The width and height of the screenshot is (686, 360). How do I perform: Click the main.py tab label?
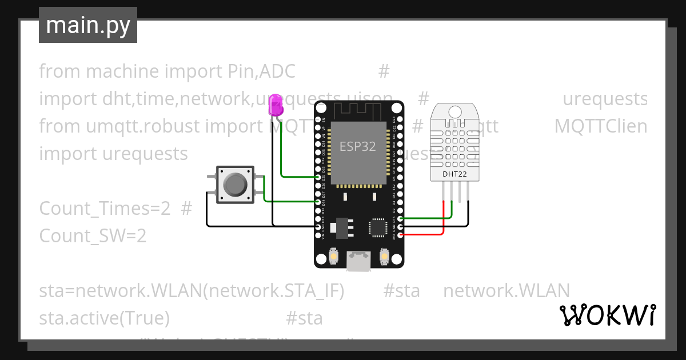tap(87, 25)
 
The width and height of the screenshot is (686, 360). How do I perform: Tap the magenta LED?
tap(277, 106)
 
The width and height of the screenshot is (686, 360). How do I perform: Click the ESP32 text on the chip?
tap(358, 146)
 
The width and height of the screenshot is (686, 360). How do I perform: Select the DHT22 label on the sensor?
tap(454, 174)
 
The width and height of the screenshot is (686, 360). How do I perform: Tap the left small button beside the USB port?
tap(333, 258)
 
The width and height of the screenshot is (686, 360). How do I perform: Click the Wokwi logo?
tap(607, 315)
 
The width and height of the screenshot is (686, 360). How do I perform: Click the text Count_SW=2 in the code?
tap(93, 235)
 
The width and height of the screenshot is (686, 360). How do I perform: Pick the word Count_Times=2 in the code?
tap(105, 209)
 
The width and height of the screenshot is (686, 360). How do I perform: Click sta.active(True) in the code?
tap(104, 318)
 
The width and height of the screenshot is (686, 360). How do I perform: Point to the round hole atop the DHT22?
tap(455, 111)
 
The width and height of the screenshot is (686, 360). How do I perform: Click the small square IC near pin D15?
tap(377, 226)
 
